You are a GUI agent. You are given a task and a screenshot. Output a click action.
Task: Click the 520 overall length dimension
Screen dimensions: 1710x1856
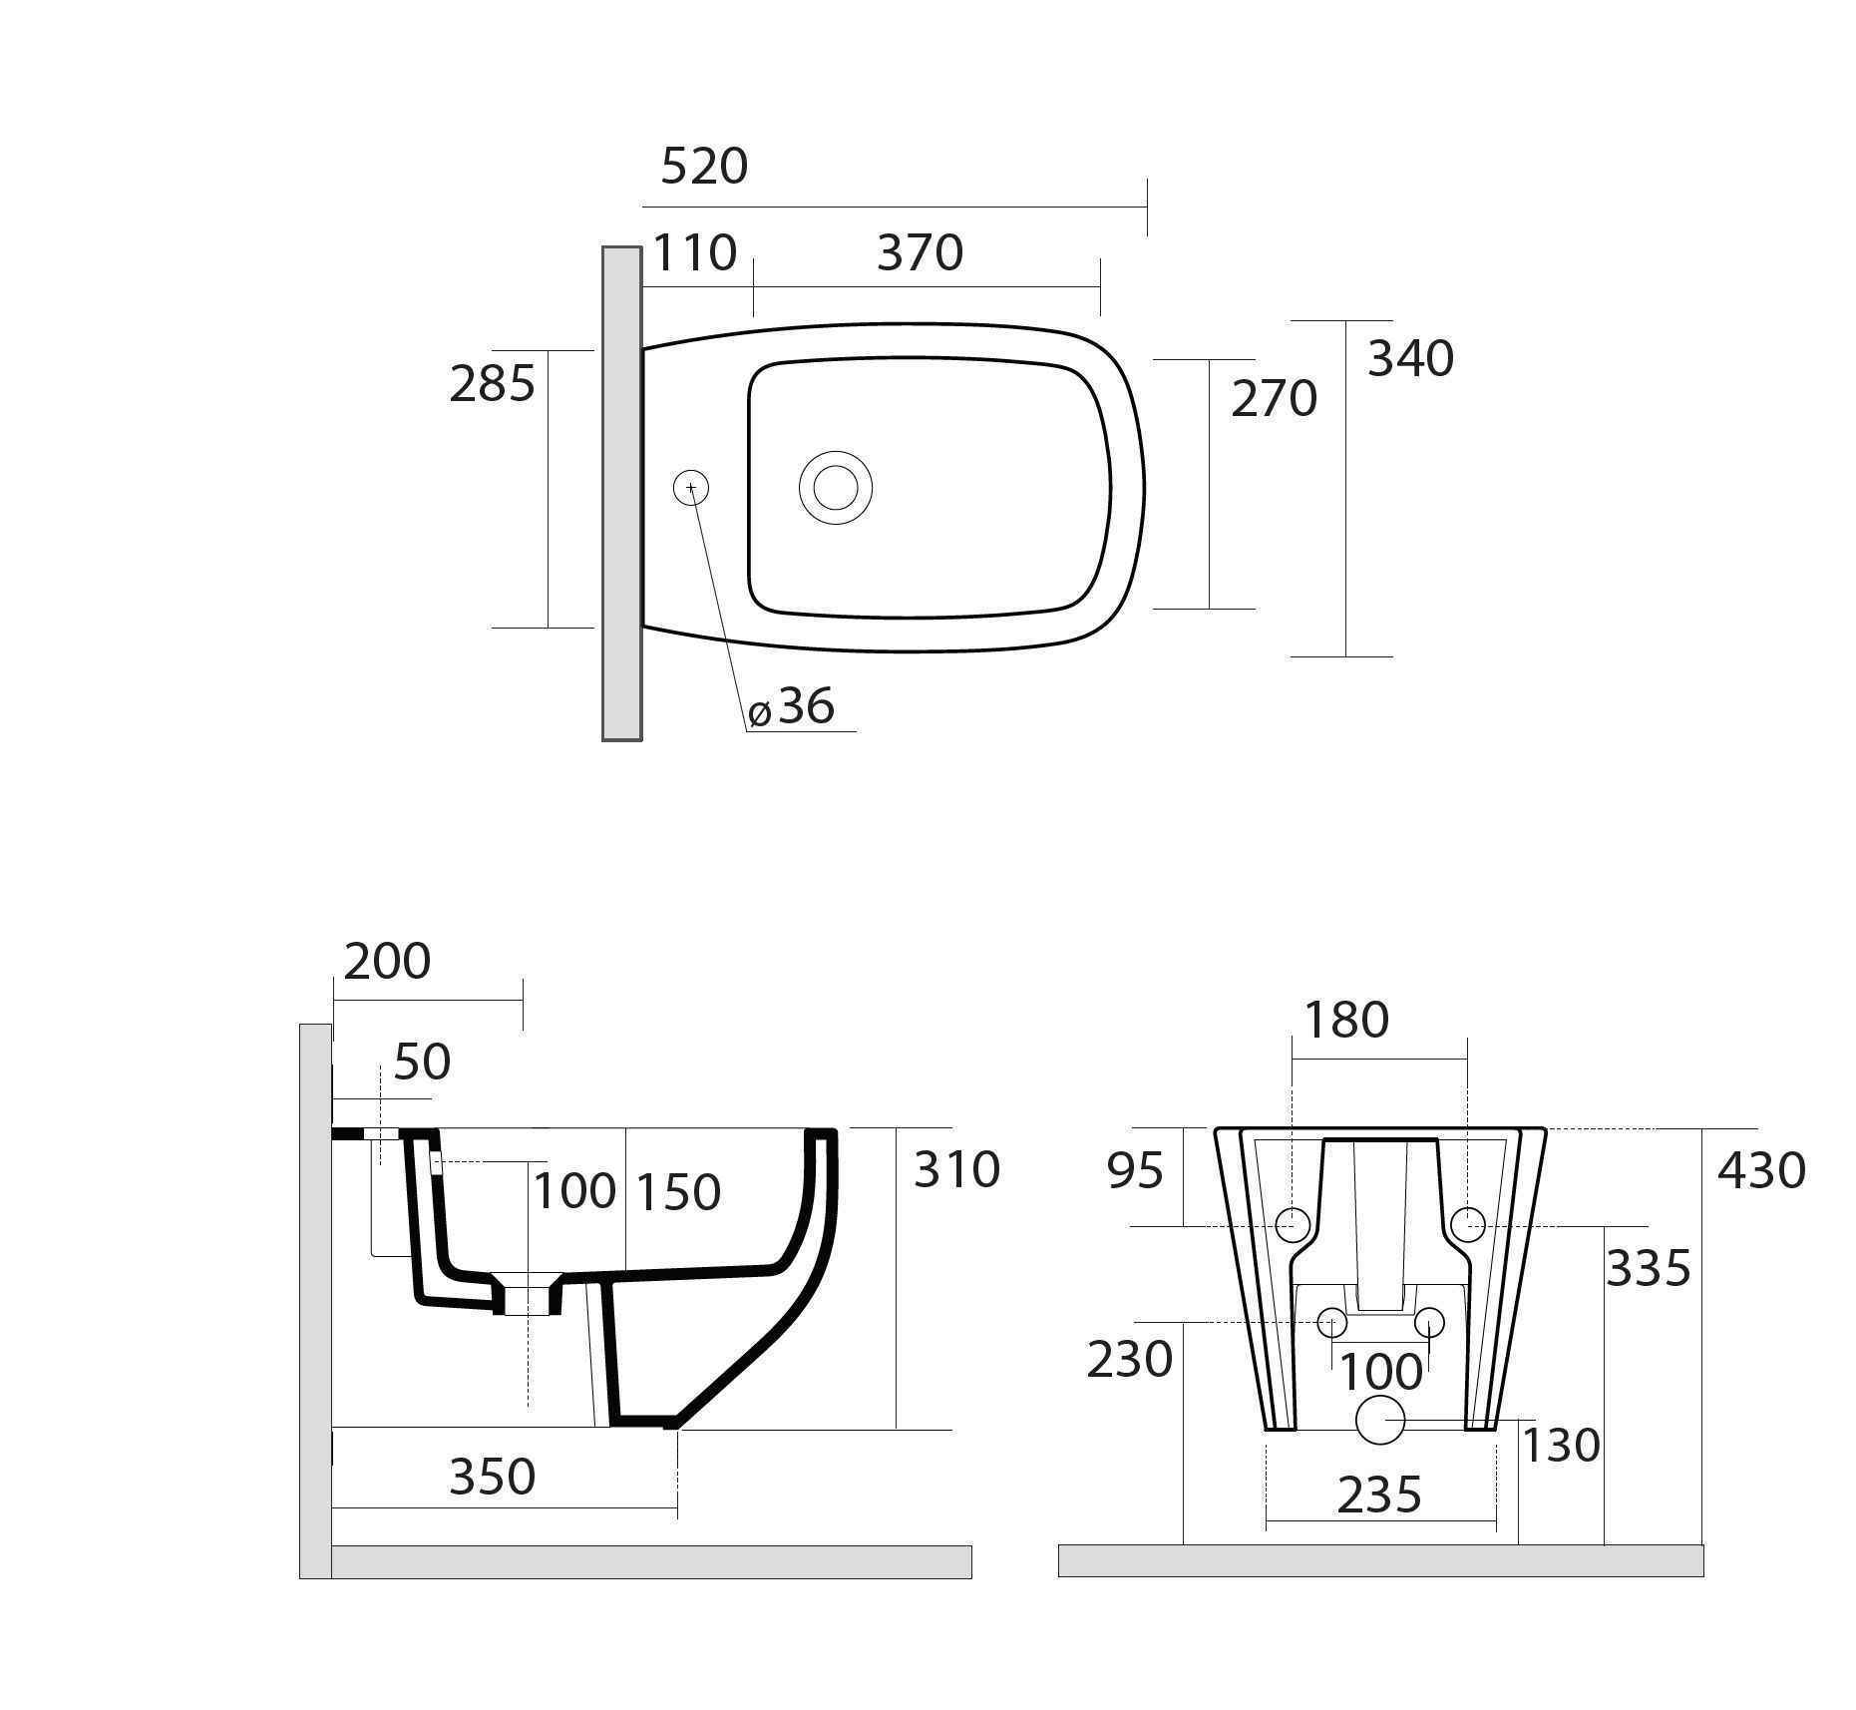click(704, 167)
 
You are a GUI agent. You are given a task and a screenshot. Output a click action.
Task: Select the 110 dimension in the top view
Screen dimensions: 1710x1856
click(694, 253)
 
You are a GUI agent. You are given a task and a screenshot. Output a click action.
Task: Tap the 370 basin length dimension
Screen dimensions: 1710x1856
click(920, 253)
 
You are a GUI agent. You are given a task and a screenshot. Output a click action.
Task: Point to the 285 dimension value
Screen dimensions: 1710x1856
click(492, 384)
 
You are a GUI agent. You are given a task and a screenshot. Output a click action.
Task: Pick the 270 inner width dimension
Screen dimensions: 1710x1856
click(1274, 399)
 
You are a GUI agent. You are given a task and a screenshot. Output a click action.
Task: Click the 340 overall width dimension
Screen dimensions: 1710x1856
click(1410, 359)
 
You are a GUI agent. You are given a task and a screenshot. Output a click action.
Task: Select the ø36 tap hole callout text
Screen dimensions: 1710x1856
click(792, 707)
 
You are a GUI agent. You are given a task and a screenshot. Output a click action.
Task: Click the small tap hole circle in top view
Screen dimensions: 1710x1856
click(691, 488)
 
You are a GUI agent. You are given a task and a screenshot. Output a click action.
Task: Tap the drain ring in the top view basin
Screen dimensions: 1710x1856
click(836, 488)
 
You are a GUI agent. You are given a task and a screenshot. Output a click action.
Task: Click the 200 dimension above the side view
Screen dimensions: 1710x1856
click(387, 962)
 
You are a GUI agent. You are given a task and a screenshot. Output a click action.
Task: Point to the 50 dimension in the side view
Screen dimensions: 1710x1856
click(422, 1063)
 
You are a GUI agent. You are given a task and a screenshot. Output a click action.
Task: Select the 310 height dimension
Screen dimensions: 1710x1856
click(956, 1170)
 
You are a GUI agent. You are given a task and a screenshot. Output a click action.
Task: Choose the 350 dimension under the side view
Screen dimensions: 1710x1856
click(493, 1478)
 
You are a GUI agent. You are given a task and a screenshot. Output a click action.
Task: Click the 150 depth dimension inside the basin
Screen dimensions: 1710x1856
click(678, 1193)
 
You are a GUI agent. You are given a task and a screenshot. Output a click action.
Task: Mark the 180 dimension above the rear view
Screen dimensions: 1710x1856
click(1346, 1021)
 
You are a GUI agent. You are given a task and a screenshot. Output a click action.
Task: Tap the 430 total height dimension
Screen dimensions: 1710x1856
click(1761, 1171)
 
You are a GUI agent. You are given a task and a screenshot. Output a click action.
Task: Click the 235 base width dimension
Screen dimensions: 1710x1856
click(1379, 1496)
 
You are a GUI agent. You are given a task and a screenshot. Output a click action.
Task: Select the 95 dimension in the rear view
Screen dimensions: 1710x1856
click(1135, 1171)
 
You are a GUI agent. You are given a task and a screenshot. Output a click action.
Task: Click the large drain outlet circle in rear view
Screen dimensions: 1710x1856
click(1381, 1420)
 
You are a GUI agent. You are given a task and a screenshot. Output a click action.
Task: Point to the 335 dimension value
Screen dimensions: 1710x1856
click(1648, 1269)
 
